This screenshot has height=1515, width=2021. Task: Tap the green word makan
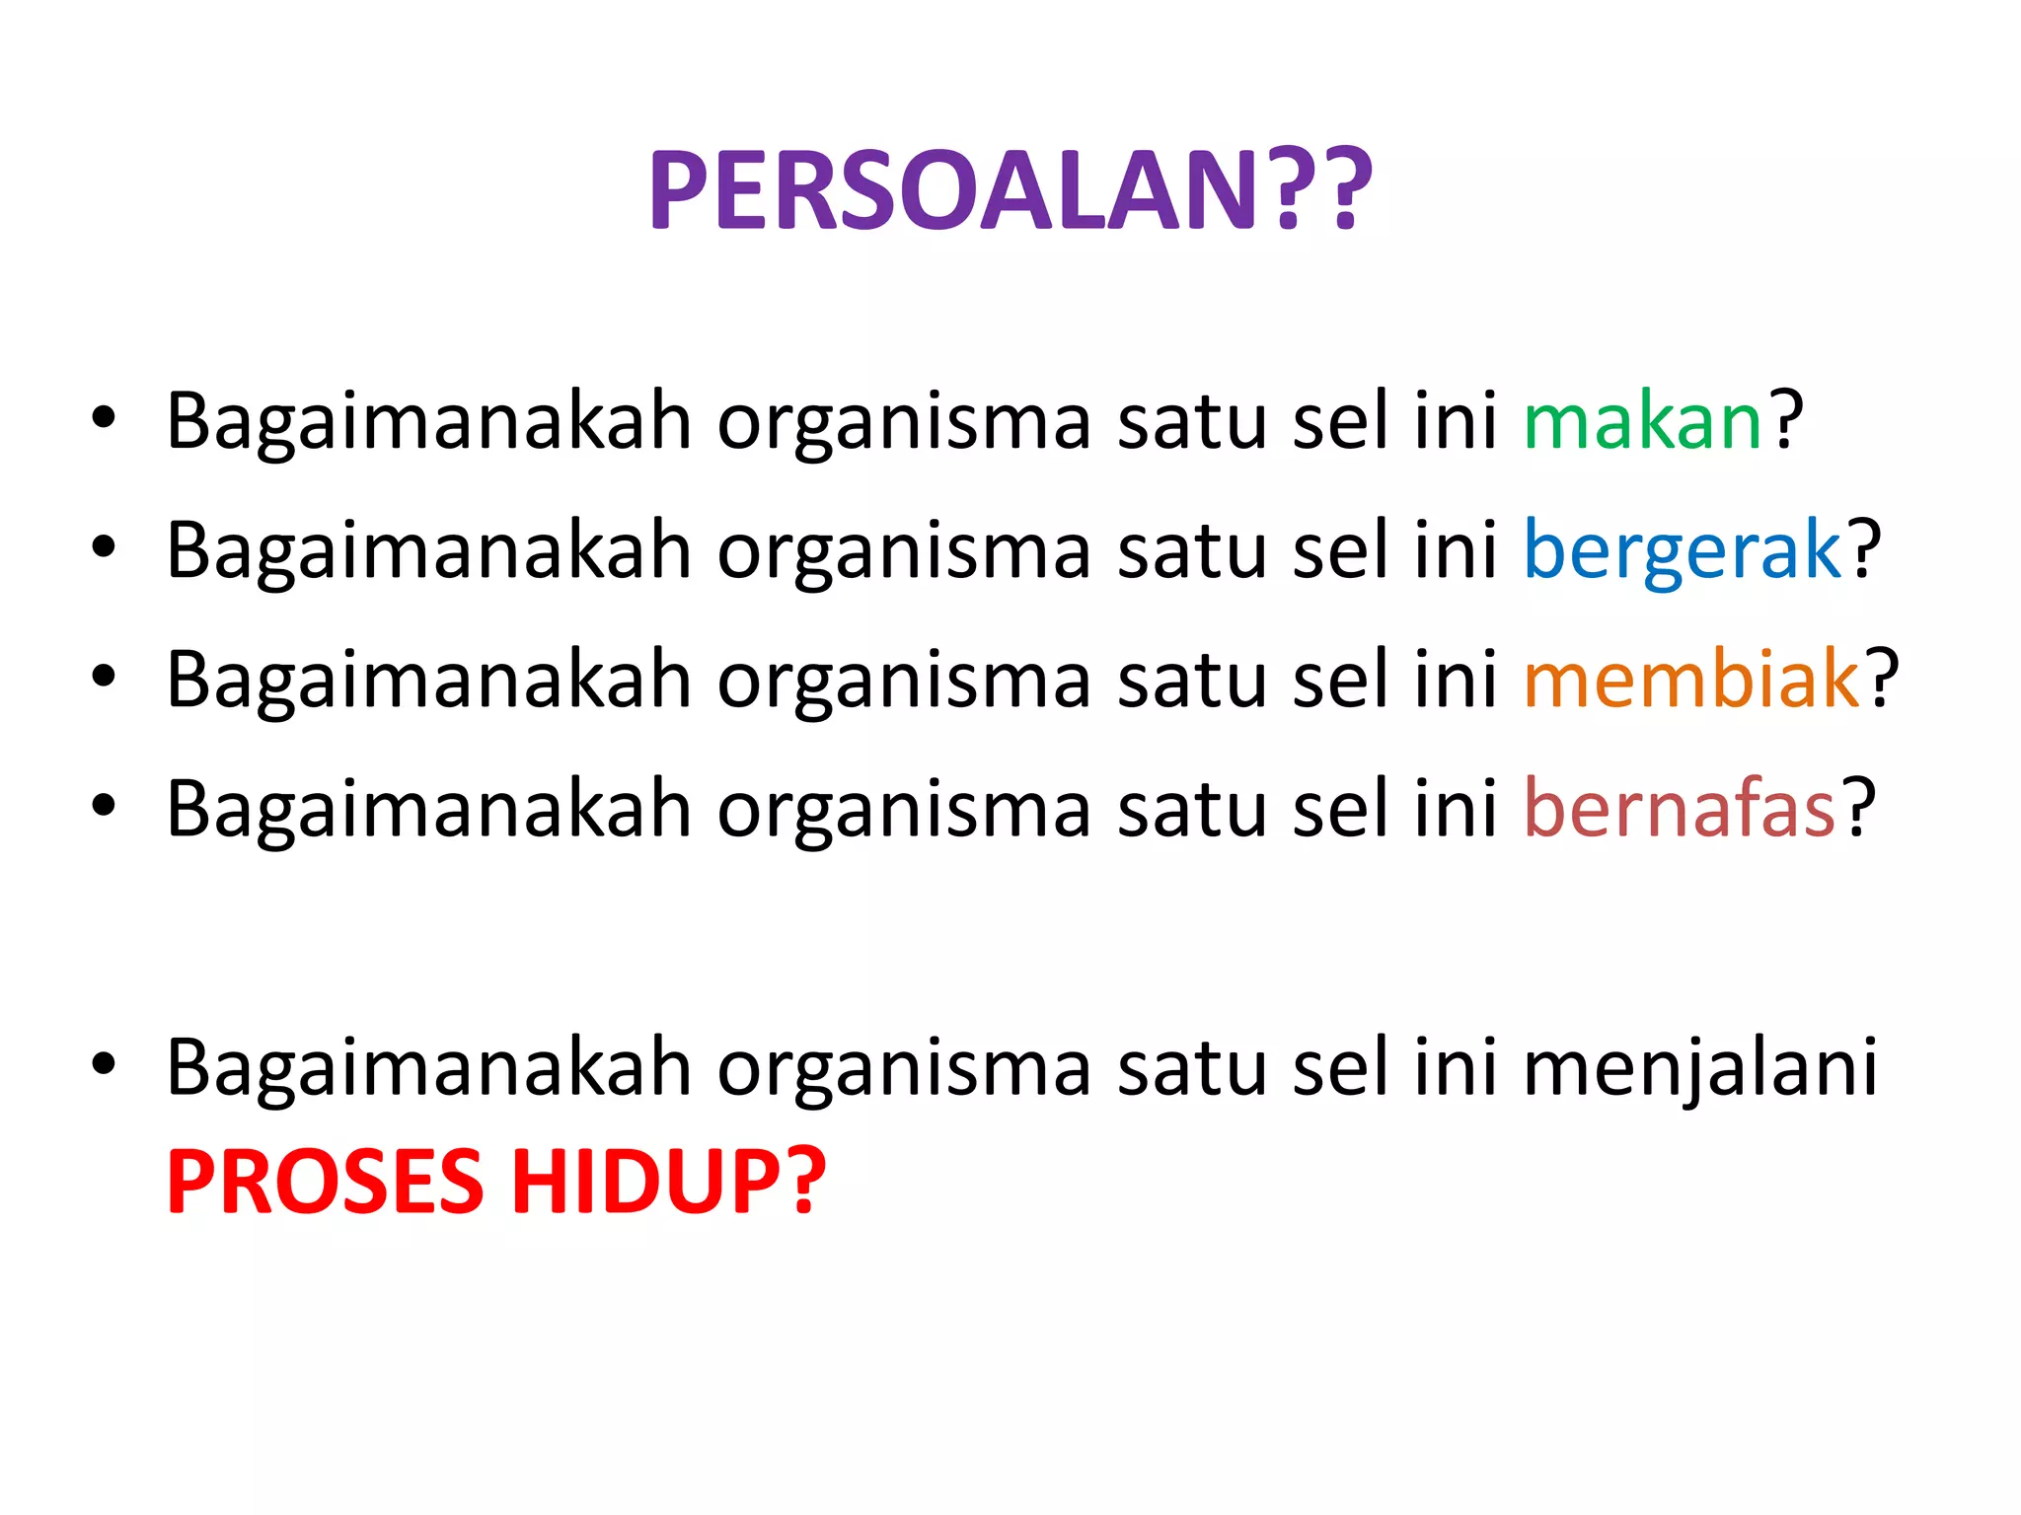click(1643, 422)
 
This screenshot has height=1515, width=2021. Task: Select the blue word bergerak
click(1683, 551)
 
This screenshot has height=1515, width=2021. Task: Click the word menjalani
click(1700, 1068)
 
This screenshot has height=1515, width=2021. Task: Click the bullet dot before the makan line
click(104, 418)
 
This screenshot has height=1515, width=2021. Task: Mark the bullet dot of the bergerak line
click(104, 547)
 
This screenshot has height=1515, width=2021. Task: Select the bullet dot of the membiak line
click(104, 677)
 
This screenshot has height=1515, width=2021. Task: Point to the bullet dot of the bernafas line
click(104, 806)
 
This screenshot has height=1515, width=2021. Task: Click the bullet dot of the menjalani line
click(104, 1064)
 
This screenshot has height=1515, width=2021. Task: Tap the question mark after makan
click(1786, 420)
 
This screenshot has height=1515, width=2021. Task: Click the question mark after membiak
click(1882, 679)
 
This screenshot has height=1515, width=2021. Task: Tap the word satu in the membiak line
click(1192, 682)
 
